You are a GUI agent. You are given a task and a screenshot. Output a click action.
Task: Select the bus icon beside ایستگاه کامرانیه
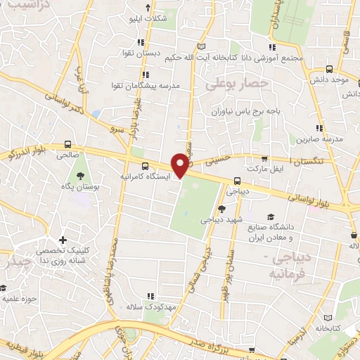[x=145, y=167]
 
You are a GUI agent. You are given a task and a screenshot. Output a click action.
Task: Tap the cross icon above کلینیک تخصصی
[x=64, y=240]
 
